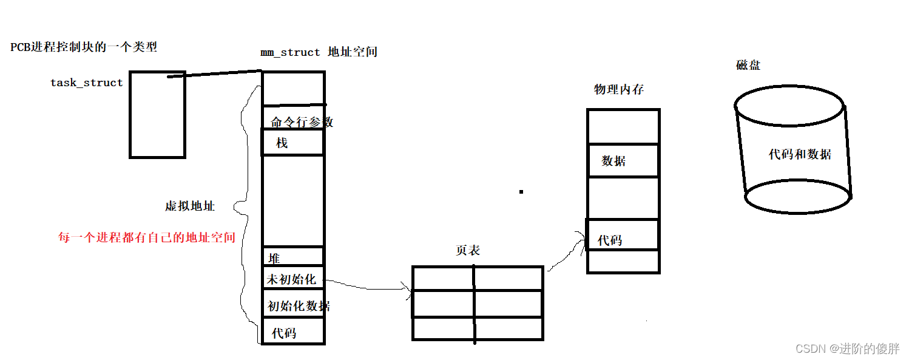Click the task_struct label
coord(86,83)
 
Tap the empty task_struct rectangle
coord(157,114)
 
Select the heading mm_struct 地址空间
coord(319,52)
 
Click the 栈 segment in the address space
coord(293,143)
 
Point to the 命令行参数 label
coord(302,121)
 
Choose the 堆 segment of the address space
coord(293,257)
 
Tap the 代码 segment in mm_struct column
coord(293,332)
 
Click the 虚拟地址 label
coord(189,206)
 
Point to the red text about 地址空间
coord(146,237)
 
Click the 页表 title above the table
coord(468,250)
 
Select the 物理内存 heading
coord(618,90)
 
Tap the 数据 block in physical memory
coord(623,161)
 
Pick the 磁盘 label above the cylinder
coord(748,66)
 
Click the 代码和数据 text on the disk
coord(800,154)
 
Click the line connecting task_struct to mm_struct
coord(215,74)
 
